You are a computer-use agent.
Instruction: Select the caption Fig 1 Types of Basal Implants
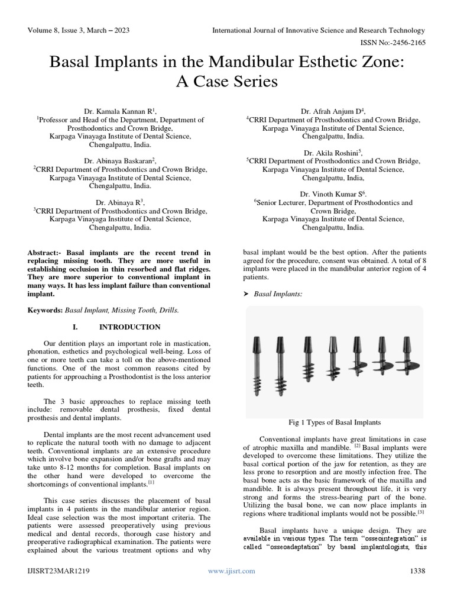coord(333,423)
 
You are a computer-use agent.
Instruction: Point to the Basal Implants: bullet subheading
coord(278,294)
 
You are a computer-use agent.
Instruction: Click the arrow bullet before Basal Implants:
coord(247,294)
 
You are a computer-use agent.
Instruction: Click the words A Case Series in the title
coord(227,81)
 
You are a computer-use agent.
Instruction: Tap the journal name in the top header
coord(319,30)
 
